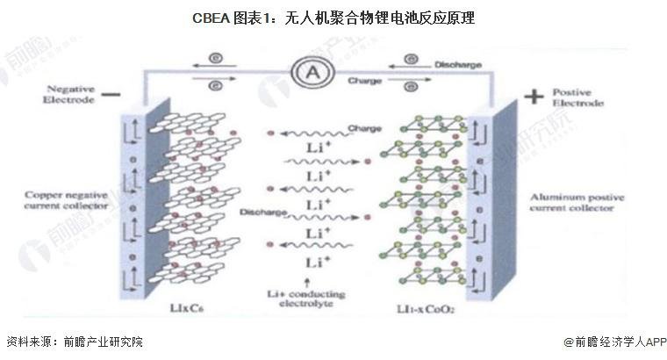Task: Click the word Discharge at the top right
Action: [457, 63]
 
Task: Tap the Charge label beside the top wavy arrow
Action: [364, 129]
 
